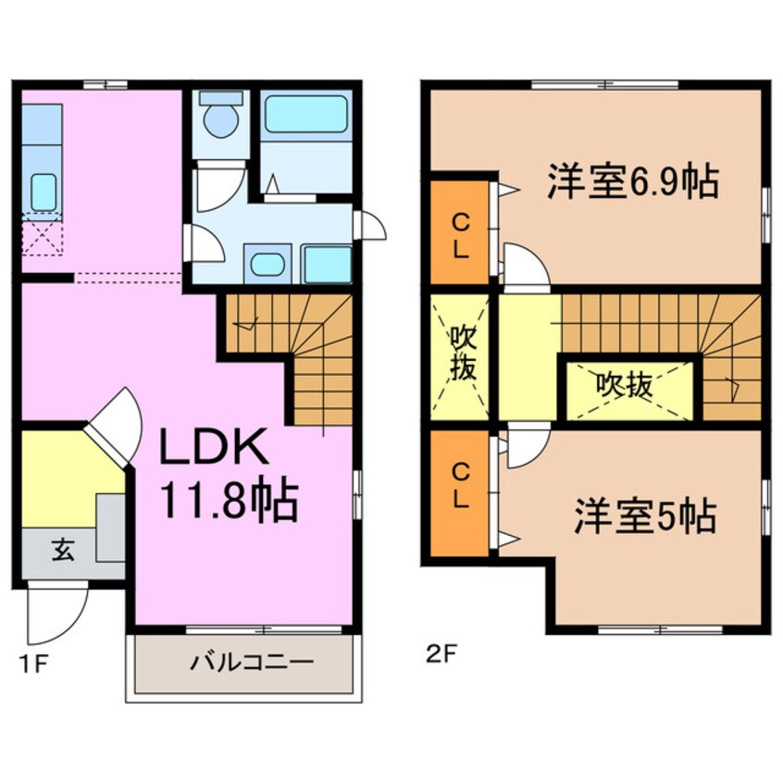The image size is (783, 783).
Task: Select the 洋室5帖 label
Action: point(644,516)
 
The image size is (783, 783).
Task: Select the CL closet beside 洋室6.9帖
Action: point(460,234)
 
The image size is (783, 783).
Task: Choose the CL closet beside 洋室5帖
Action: point(460,486)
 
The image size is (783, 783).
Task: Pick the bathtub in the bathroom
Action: point(304,116)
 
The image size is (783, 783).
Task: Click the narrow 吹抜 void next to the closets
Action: point(462,354)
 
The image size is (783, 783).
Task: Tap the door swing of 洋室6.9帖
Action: point(523,267)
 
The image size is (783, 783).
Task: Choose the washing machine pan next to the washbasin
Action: point(326,264)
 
